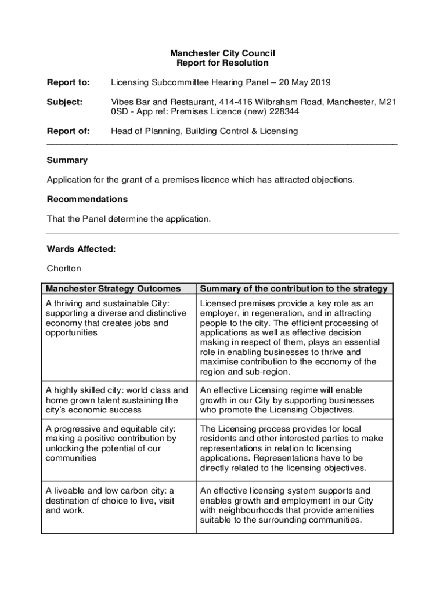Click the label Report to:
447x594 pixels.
[x=69, y=82]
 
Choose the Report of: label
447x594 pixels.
[x=69, y=131]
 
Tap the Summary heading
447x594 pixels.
[x=67, y=160]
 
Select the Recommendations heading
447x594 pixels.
[x=87, y=199]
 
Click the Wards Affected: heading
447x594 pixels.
[x=81, y=249]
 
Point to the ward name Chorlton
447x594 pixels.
[x=64, y=269]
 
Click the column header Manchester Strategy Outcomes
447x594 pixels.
[x=113, y=288]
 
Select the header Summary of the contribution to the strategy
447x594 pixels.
[x=294, y=288]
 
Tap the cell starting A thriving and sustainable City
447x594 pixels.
[x=116, y=318]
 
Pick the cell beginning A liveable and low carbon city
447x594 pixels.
[x=110, y=501]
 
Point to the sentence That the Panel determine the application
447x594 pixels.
[x=129, y=219]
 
